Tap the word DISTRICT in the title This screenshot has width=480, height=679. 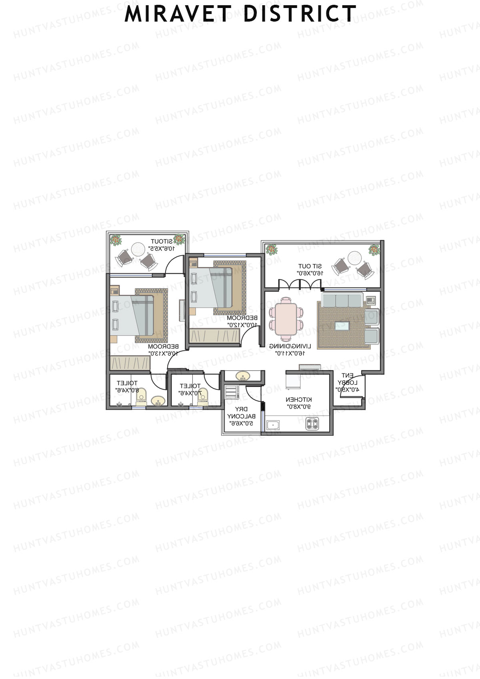point(300,14)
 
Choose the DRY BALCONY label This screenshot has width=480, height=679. point(240,416)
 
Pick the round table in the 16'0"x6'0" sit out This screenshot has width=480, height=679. point(354,257)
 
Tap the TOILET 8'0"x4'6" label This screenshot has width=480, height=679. point(127,387)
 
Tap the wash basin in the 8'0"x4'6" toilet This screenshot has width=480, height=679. point(158,401)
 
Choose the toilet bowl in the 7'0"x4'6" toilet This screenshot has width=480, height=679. point(203,395)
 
